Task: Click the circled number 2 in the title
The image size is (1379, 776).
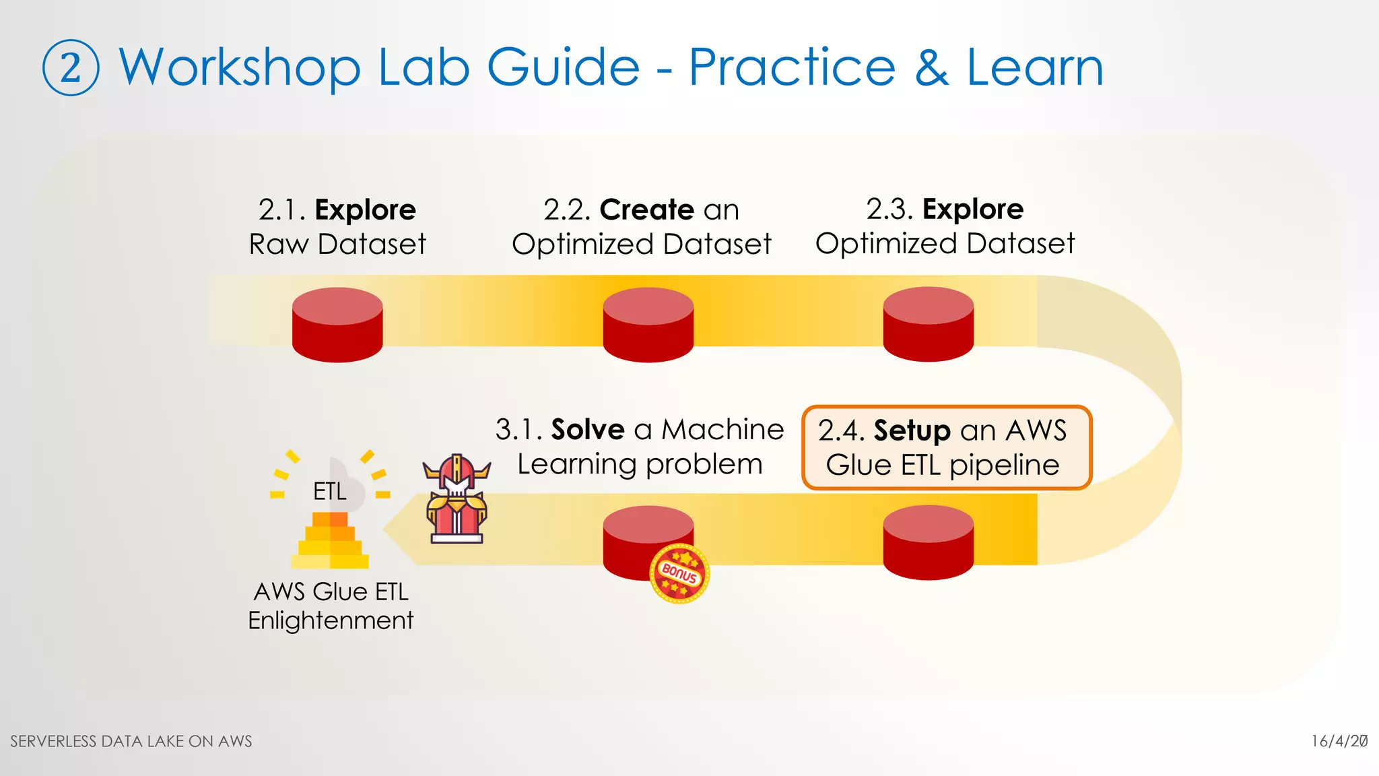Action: click(x=71, y=68)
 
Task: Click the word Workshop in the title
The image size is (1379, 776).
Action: click(x=240, y=68)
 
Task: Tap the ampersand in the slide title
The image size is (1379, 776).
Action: click(x=931, y=68)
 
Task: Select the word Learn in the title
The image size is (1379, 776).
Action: click(x=1035, y=68)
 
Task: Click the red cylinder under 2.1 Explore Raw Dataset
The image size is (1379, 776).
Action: click(x=337, y=325)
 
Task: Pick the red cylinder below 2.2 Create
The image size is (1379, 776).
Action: click(x=648, y=325)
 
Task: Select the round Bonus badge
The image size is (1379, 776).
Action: click(x=679, y=573)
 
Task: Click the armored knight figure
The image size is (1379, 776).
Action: click(x=457, y=499)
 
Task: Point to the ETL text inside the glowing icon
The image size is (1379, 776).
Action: click(x=330, y=491)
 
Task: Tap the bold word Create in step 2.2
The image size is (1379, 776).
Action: click(x=646, y=209)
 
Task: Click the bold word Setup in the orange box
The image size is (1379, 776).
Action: click(x=912, y=431)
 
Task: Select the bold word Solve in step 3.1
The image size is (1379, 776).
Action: click(x=588, y=430)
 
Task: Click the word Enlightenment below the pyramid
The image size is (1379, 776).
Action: click(x=331, y=620)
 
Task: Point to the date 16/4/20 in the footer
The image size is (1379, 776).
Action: click(x=1339, y=741)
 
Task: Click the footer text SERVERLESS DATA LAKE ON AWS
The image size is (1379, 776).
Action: click(x=131, y=741)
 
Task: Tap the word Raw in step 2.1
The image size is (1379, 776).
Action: click(x=279, y=244)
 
